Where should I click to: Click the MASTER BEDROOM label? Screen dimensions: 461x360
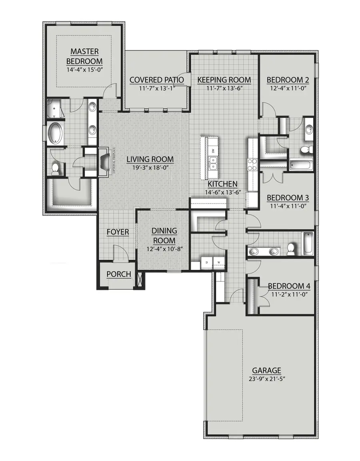84,56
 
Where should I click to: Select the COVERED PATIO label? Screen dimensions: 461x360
156,80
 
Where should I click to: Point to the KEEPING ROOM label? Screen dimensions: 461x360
224,80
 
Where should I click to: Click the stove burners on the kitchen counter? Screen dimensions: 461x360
253,163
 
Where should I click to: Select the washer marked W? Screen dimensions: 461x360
219,263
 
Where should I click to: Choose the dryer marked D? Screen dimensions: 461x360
207,263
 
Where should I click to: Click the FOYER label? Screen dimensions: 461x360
118,232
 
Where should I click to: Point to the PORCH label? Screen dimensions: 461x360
119,274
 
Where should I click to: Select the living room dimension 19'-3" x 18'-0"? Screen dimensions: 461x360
150,168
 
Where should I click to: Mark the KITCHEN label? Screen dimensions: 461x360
223,184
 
